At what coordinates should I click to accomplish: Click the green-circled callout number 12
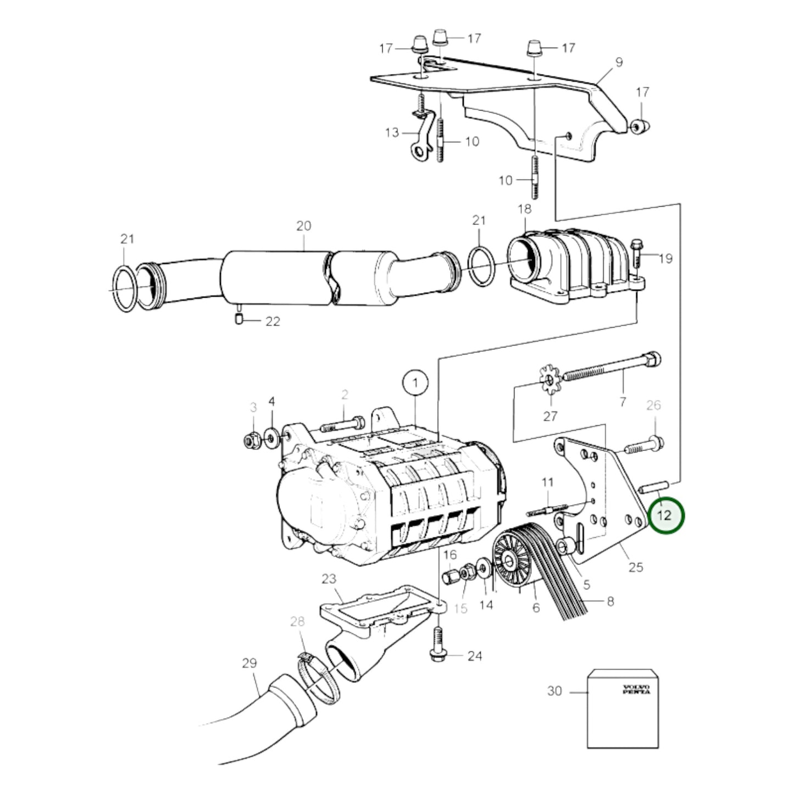(x=664, y=515)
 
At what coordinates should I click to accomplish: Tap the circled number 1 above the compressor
(x=415, y=383)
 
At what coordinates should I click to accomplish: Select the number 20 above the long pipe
(x=304, y=226)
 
